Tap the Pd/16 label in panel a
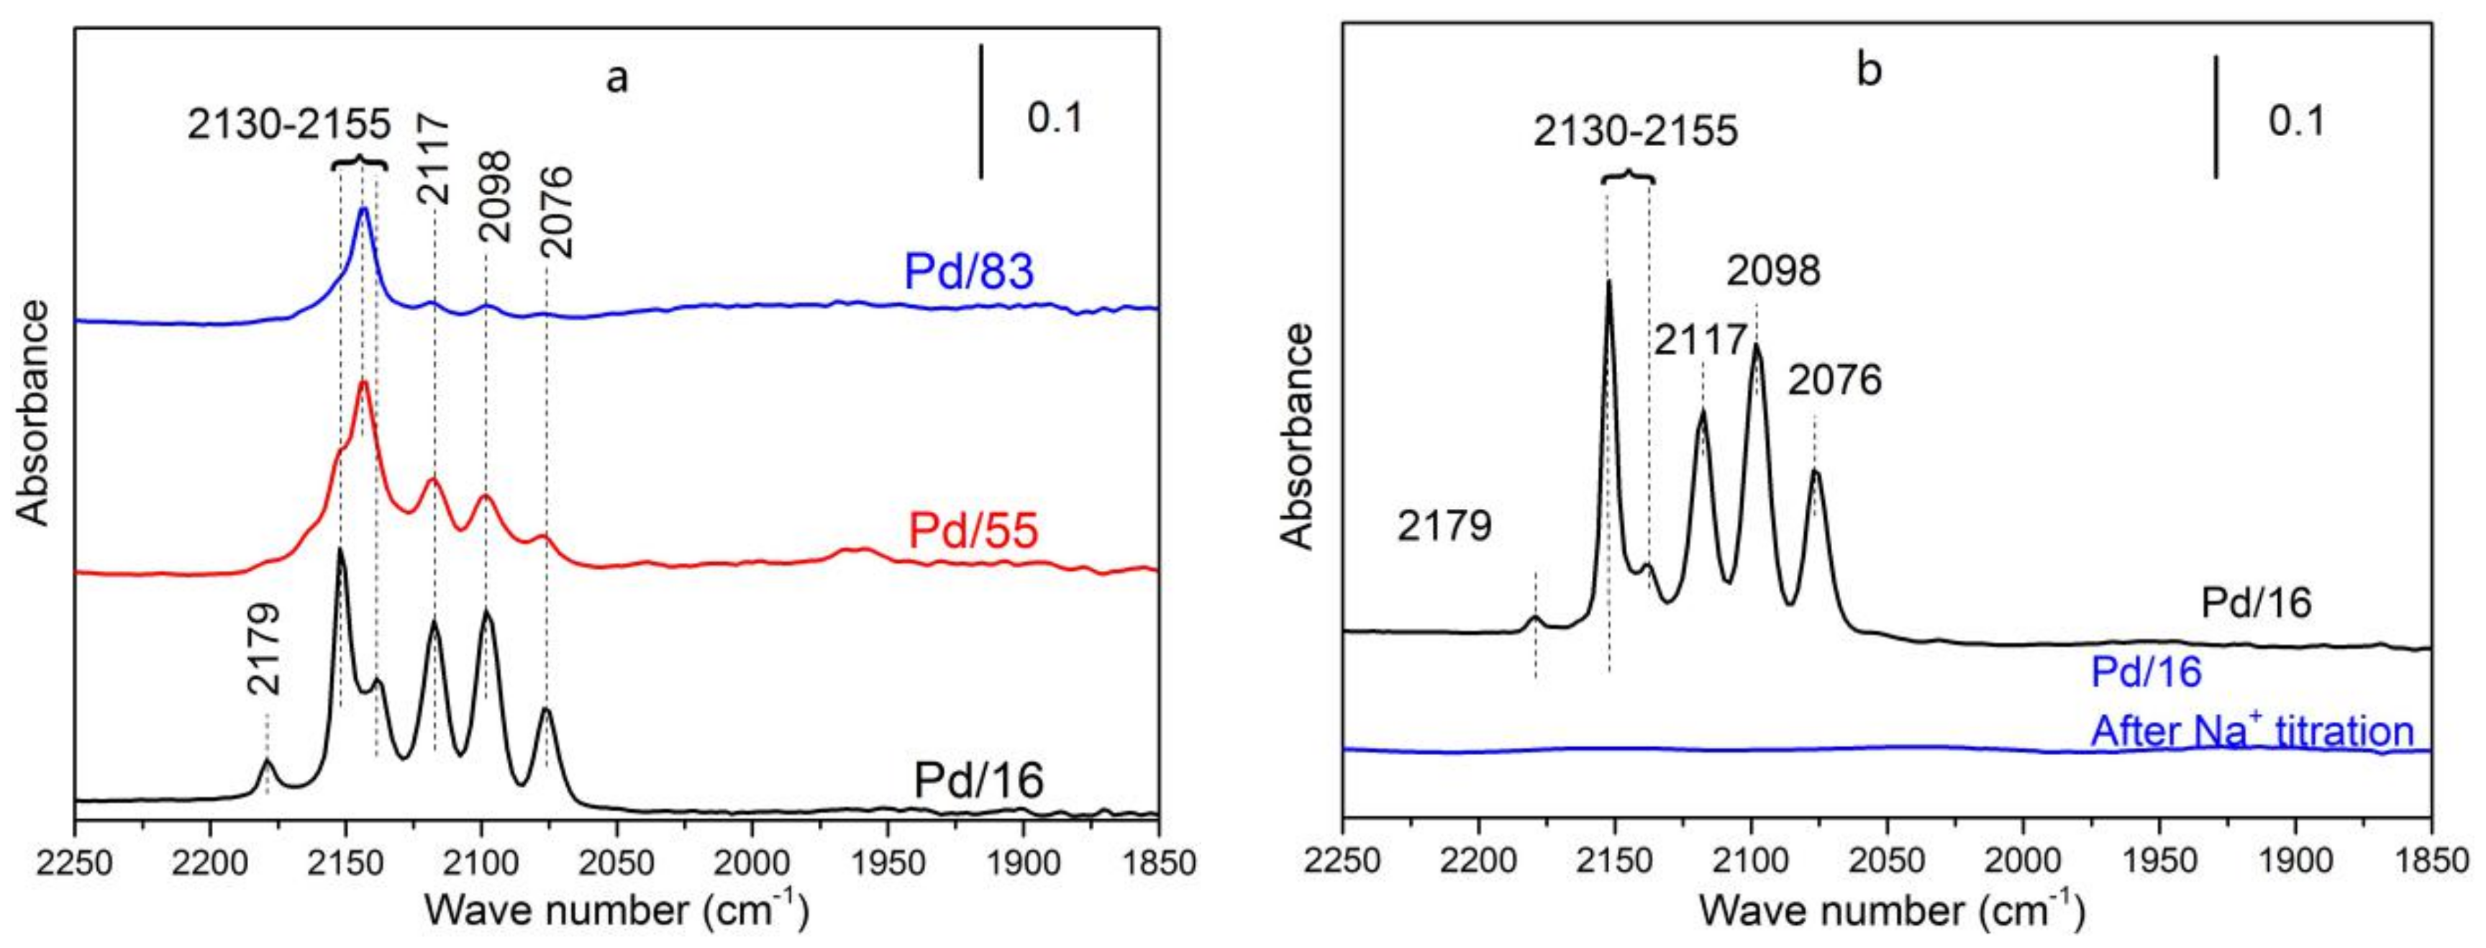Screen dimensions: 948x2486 978,780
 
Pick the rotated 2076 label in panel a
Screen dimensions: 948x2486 557,212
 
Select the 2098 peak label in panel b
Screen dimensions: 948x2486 1774,271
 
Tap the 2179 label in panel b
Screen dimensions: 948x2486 1444,527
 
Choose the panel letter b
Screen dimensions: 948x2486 1870,71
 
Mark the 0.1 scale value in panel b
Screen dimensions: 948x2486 2297,121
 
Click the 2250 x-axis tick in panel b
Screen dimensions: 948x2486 1342,860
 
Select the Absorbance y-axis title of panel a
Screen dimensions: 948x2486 35,412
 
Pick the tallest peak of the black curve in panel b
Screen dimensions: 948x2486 1608,282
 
